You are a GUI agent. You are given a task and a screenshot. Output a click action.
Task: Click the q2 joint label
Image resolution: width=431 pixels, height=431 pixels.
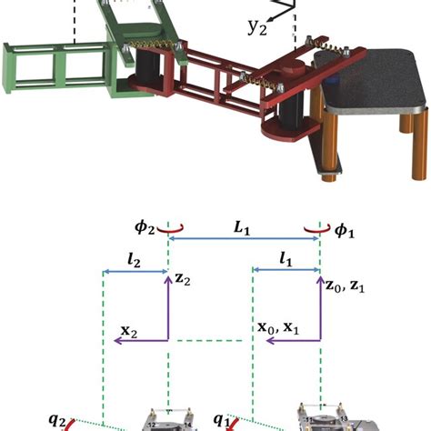tap(56, 419)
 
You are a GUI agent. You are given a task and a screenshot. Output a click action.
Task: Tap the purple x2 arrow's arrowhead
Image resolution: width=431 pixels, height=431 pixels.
tap(115, 340)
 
